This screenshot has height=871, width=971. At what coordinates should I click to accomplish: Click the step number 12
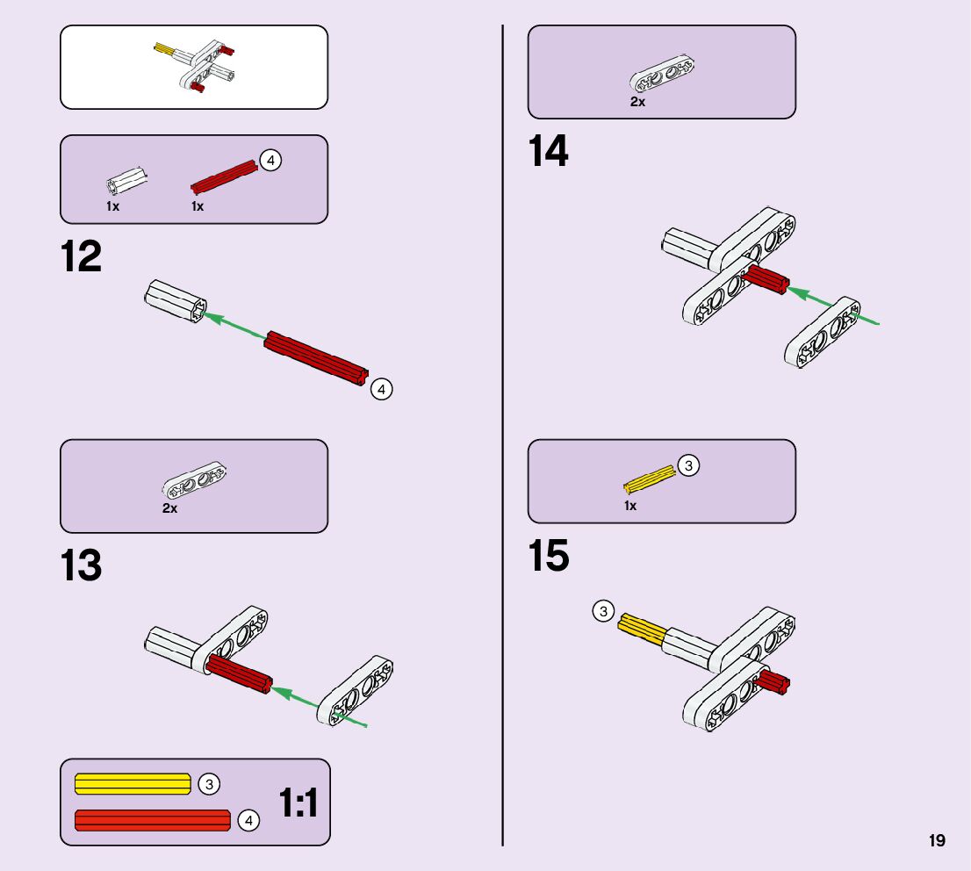tap(81, 257)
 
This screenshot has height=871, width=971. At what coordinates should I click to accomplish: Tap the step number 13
tap(81, 566)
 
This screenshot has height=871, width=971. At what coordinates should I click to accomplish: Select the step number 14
tap(548, 152)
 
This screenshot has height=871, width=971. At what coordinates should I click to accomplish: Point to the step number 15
tap(548, 556)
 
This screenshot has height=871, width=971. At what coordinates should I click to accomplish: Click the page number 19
tap(937, 840)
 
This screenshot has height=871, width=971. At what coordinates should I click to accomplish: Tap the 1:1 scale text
tap(298, 803)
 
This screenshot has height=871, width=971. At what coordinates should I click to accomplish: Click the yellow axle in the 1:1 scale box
tap(133, 783)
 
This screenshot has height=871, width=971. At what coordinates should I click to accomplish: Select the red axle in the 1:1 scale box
tap(152, 820)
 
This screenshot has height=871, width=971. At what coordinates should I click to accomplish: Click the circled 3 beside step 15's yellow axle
tap(603, 612)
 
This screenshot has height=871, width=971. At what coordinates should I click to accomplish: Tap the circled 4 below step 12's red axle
tap(381, 389)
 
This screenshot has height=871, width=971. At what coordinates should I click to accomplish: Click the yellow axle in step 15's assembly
tap(641, 630)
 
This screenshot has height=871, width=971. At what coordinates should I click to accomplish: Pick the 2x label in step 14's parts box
tap(637, 102)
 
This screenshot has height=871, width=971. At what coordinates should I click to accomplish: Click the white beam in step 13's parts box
tap(194, 480)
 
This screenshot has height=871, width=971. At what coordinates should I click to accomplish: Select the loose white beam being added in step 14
tap(823, 332)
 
